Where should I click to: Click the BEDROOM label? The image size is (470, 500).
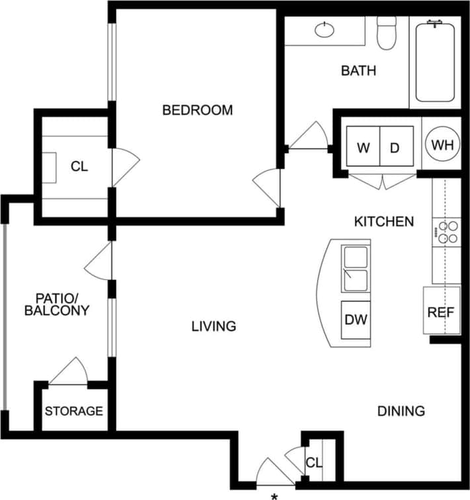click(x=197, y=110)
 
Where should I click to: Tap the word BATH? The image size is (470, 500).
click(x=358, y=70)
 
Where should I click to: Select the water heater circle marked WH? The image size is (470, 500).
click(x=439, y=146)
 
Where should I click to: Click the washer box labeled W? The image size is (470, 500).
click(x=363, y=147)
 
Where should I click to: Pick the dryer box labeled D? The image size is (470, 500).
click(x=395, y=147)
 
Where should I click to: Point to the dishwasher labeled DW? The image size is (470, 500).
click(x=356, y=320)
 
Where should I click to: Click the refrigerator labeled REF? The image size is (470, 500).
click(x=442, y=312)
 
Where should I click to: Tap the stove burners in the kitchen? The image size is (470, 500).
click(x=448, y=231)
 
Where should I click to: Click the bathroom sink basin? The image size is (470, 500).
click(x=325, y=30)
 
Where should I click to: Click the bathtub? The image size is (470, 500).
click(x=435, y=61)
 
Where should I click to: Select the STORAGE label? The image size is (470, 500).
click(x=74, y=411)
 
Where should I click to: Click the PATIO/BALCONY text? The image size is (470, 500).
click(x=56, y=305)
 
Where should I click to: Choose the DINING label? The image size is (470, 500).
click(x=401, y=411)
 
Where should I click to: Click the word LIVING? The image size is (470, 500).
click(x=214, y=326)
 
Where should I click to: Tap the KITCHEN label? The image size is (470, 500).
click(x=384, y=221)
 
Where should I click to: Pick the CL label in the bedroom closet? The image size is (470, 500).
click(x=79, y=166)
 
